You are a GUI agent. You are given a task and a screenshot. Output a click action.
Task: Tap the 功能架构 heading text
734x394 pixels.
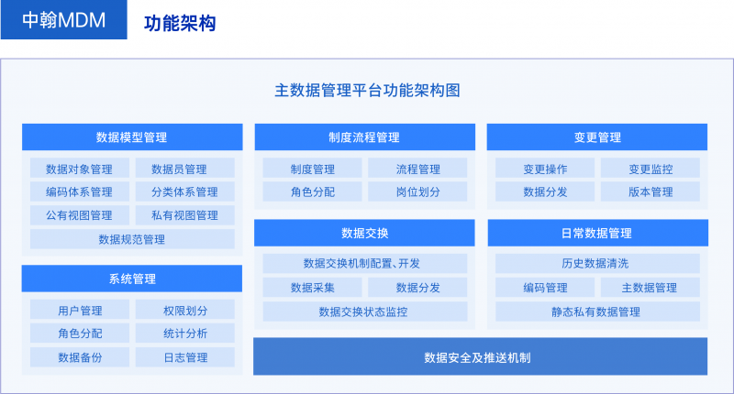180,23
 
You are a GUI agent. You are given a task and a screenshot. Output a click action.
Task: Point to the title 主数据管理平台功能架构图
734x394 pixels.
367,91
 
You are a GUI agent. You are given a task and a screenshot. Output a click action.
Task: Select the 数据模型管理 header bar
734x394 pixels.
131,137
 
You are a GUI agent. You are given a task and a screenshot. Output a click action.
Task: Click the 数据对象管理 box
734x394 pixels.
79,169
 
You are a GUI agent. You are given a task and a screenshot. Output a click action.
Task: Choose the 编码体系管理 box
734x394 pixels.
79,192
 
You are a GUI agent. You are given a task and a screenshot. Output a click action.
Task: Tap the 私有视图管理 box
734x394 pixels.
184,215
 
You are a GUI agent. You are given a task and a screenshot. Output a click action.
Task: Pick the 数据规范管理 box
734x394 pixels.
131,239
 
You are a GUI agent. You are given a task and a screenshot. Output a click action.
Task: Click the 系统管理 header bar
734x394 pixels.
131,279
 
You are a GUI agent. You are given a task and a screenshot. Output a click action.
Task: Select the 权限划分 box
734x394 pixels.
184,310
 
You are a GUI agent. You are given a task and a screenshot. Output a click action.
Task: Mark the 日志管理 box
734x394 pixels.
184,357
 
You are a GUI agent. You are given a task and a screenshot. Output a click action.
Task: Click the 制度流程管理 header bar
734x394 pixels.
364,137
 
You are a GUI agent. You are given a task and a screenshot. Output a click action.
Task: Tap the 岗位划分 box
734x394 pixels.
417,192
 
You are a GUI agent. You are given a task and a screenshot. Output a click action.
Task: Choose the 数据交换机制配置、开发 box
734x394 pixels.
364,263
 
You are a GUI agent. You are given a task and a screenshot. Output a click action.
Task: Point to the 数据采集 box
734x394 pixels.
312,287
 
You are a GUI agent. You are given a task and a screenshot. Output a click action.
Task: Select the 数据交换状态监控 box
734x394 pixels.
364,311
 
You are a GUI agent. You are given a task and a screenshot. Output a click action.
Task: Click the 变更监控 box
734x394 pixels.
651,169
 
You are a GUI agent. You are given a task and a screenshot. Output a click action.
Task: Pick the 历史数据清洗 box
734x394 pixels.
596,263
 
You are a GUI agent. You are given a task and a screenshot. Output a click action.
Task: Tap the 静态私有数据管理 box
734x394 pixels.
596,311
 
